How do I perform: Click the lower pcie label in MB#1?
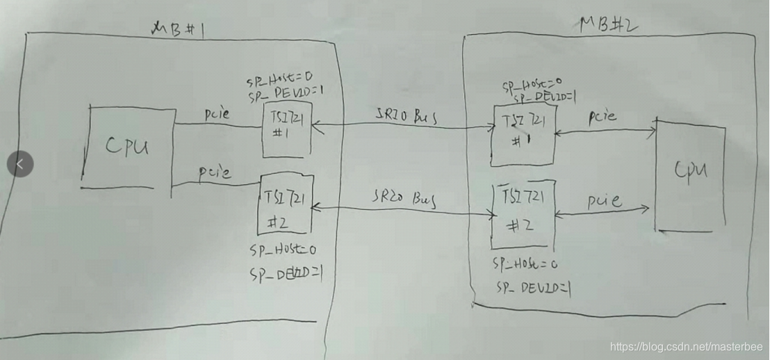point(215,170)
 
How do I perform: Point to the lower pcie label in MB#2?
point(604,202)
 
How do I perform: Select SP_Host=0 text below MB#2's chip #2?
point(525,264)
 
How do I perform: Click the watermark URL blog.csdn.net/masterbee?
point(685,346)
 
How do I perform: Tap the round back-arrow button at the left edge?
point(19,164)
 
